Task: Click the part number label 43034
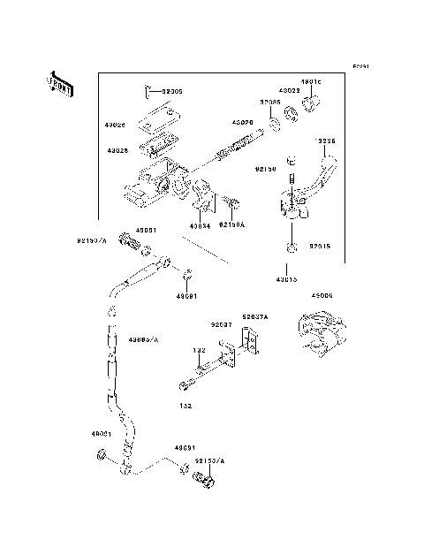[x=201, y=225]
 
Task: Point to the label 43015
[x=286, y=279]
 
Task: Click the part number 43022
[x=290, y=90]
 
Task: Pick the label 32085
[x=270, y=103]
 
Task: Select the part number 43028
[x=118, y=150]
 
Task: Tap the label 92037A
[x=256, y=316]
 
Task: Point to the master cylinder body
[x=155, y=181]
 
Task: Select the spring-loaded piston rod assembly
[x=237, y=147]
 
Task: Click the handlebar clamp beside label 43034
[x=201, y=195]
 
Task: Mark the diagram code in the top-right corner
[x=360, y=66]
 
